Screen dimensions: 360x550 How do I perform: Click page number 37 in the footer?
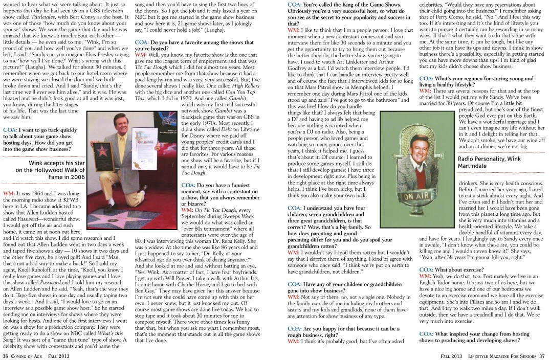(542, 355)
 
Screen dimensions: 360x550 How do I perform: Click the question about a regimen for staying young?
(476, 81)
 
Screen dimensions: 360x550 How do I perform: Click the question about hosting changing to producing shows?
(474, 337)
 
